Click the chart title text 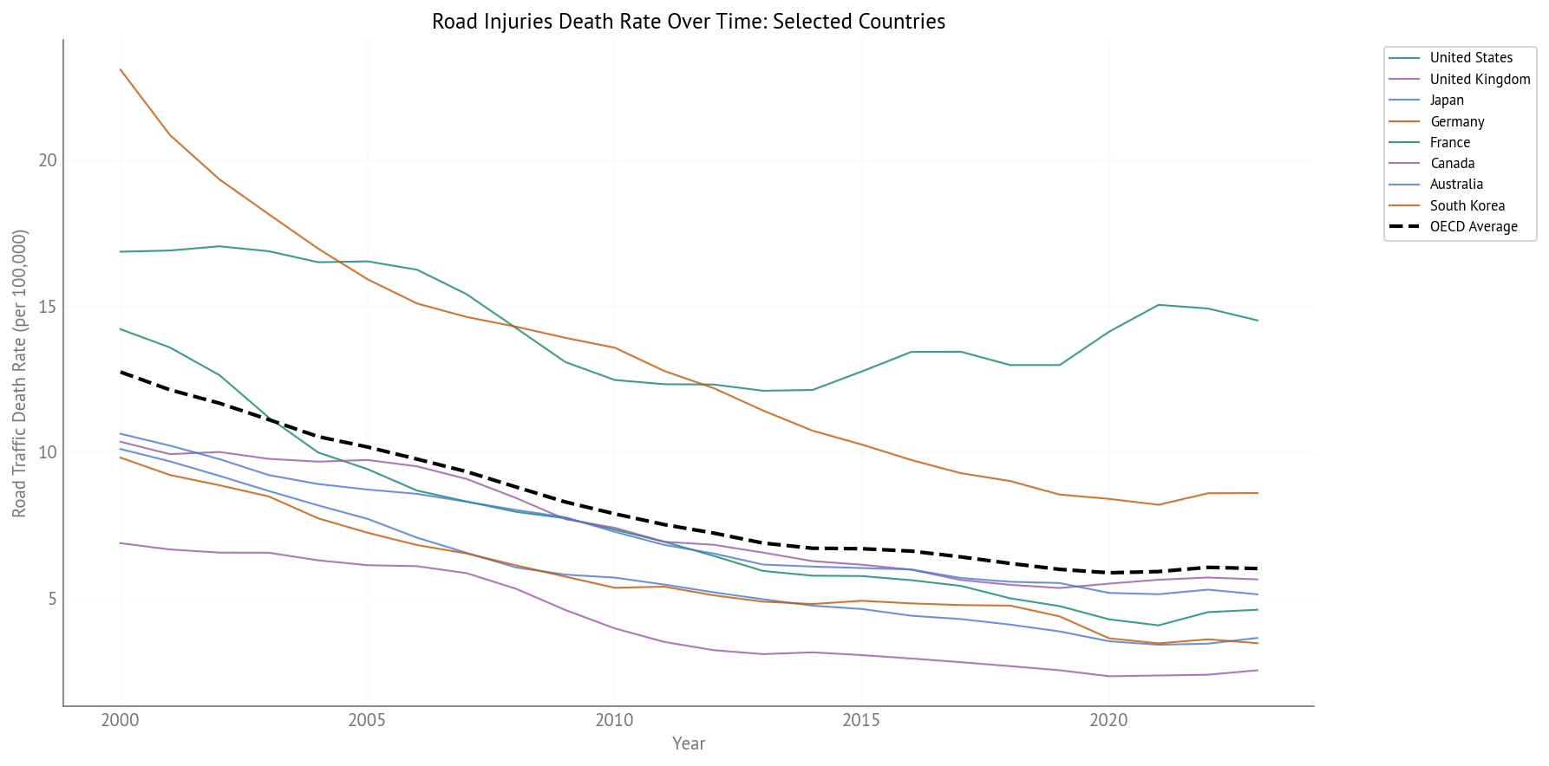[x=688, y=21]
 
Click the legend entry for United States [x=1470, y=58]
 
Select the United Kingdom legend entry [x=1480, y=79]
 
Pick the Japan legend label [x=1447, y=100]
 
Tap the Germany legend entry [x=1457, y=121]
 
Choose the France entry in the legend [x=1450, y=142]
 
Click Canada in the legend [x=1452, y=163]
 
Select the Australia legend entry [x=1456, y=184]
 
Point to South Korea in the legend [x=1467, y=205]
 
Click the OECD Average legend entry [x=1474, y=226]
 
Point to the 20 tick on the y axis [x=48, y=160]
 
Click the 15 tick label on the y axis [x=48, y=307]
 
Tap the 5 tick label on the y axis [x=51, y=599]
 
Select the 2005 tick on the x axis [x=368, y=720]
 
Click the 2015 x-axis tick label [x=862, y=720]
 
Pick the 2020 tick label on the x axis [x=1109, y=720]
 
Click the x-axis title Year [x=689, y=743]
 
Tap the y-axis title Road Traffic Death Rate [x=20, y=373]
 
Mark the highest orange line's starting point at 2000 [x=120, y=69]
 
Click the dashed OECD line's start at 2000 [x=120, y=372]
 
